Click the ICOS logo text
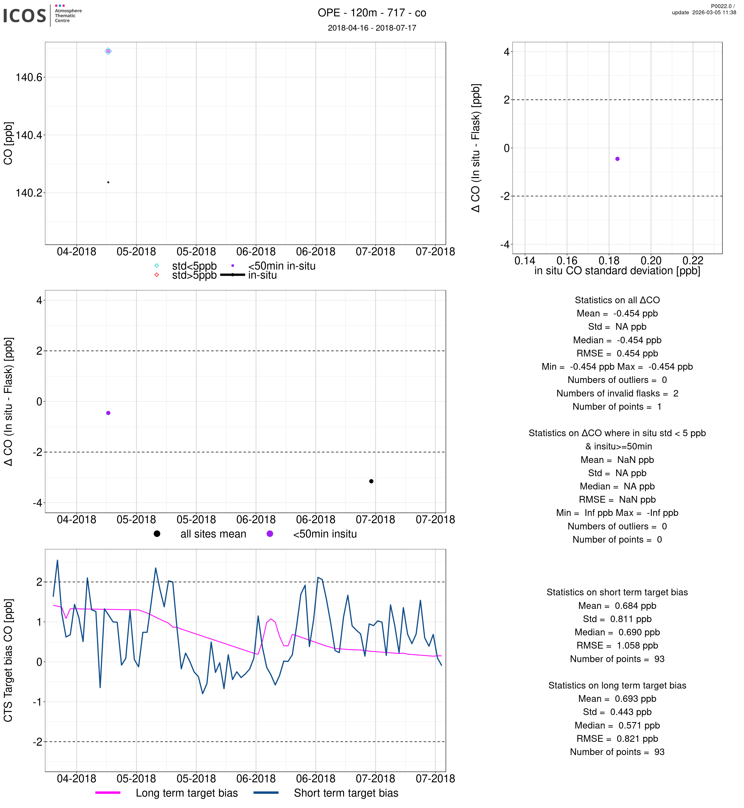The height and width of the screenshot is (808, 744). click(25, 16)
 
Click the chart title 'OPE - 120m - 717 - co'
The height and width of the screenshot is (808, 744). click(372, 13)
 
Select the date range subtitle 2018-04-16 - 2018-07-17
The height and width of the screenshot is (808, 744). click(372, 28)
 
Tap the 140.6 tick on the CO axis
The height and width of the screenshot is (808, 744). click(29, 77)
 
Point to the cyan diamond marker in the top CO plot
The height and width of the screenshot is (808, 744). click(108, 51)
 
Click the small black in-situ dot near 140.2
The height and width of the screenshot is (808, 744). click(108, 182)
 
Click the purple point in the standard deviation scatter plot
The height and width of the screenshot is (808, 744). click(617, 159)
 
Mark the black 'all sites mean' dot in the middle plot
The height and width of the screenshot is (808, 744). click(371, 481)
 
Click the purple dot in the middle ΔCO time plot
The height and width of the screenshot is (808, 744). click(108, 413)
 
